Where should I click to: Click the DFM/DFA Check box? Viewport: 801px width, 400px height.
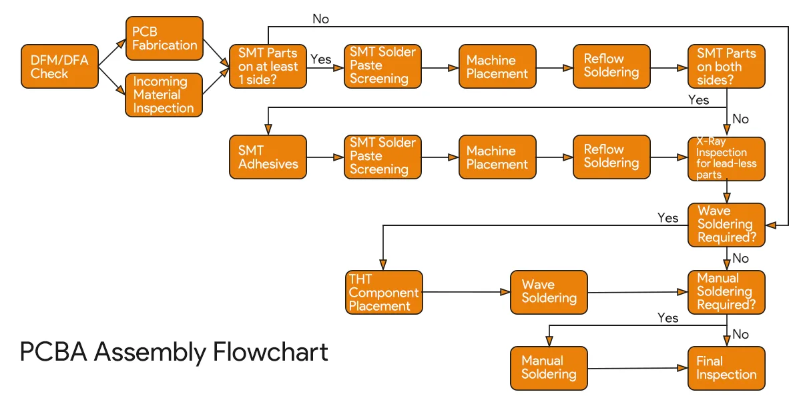point(59,67)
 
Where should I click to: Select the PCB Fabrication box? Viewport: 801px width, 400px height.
point(164,39)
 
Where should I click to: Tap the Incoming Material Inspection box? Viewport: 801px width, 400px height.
point(164,95)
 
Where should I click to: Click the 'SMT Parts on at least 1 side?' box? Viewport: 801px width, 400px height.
point(268,67)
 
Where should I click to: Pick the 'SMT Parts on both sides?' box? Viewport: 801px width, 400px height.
point(726,67)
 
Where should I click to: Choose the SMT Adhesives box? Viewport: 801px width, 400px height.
point(268,157)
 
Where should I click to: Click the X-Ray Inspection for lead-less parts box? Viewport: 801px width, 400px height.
point(726,157)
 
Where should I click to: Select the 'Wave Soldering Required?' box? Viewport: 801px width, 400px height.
point(726,225)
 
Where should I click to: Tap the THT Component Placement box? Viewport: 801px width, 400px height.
point(384,292)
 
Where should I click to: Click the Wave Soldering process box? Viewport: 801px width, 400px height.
point(549,292)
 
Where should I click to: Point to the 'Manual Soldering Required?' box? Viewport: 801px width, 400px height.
point(726,292)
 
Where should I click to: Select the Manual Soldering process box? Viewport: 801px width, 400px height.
point(549,368)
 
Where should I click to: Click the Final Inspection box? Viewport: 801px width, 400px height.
point(726,368)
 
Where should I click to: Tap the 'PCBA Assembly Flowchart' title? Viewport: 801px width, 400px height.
point(174,352)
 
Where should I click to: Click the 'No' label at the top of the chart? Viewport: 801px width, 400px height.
point(320,19)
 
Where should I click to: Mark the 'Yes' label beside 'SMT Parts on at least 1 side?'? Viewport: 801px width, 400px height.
point(321,59)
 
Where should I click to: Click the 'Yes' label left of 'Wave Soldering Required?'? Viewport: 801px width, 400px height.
point(667,218)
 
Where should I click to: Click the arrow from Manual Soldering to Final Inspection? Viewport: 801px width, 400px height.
point(637,368)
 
